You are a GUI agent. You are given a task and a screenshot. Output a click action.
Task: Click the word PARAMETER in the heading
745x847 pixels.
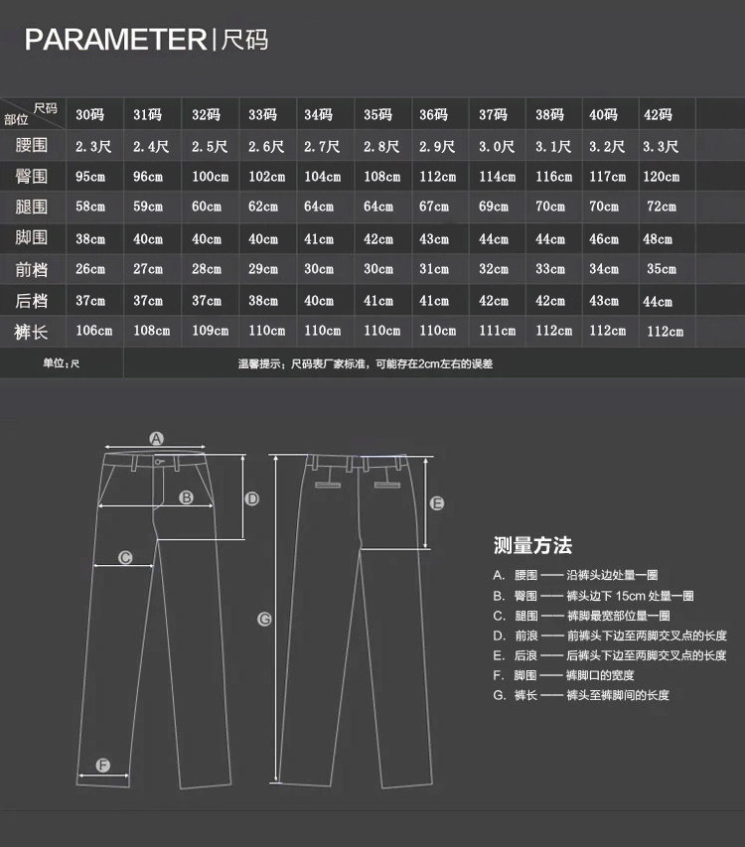pos(115,40)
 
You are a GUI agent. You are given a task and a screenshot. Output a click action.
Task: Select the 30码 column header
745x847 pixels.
pos(90,114)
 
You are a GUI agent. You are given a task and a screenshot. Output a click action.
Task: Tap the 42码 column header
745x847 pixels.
pos(658,114)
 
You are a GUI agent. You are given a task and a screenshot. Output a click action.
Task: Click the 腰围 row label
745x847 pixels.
pos(32,146)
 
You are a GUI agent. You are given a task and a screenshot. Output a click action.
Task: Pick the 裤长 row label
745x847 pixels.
pos(32,331)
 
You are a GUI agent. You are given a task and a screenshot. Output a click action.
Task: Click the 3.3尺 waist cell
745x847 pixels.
pos(661,147)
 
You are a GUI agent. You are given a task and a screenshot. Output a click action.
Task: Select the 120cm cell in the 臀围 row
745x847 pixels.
pos(661,177)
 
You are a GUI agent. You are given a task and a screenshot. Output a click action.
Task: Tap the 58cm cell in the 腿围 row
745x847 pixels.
pos(90,208)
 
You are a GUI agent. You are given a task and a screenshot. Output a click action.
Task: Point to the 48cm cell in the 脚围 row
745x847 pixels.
pos(658,239)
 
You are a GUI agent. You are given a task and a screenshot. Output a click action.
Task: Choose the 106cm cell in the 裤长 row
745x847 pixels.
pos(92,331)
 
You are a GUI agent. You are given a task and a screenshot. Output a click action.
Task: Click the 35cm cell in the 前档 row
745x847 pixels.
pos(662,269)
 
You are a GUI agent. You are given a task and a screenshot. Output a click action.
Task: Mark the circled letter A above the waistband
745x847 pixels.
pos(156,438)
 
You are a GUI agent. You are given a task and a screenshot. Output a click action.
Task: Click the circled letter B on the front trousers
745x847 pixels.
pos(186,497)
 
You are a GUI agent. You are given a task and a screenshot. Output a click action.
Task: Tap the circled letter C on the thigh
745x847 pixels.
pos(126,558)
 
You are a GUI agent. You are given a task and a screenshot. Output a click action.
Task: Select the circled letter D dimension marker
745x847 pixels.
pos(252,498)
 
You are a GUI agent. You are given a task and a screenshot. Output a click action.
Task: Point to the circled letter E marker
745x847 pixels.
pos(436,503)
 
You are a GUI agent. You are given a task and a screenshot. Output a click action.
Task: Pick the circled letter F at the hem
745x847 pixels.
pos(103,765)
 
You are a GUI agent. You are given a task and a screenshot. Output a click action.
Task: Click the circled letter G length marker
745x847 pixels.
pos(265,619)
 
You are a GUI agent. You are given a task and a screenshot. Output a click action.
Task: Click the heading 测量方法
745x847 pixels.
pos(532,545)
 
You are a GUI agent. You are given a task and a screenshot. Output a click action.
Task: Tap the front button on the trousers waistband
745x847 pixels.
pos(159,460)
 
